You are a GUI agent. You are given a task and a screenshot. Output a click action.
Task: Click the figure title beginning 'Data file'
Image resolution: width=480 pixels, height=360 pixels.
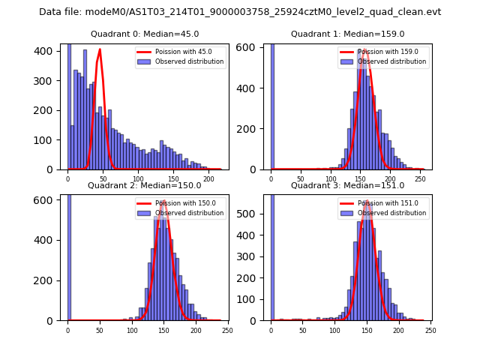[240, 12]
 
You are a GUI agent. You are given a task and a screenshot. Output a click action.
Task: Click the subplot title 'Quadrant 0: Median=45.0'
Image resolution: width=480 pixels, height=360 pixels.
[145, 34]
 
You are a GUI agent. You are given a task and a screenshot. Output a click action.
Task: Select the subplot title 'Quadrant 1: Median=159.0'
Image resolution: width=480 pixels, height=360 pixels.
[347, 34]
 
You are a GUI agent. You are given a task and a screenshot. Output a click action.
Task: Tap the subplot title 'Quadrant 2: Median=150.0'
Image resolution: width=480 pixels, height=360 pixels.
[145, 185]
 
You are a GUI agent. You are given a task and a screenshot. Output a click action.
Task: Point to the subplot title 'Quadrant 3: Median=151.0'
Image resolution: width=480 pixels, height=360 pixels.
[347, 185]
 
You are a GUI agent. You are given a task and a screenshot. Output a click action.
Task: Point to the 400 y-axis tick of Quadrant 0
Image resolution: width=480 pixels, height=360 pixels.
[52, 51]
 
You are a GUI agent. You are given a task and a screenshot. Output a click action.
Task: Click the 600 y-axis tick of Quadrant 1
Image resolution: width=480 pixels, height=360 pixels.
[255, 47]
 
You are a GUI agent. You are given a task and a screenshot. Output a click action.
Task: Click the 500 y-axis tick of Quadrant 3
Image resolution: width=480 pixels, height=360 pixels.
[255, 213]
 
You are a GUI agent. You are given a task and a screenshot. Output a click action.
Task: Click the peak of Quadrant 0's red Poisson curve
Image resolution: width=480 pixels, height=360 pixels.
[100, 50]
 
